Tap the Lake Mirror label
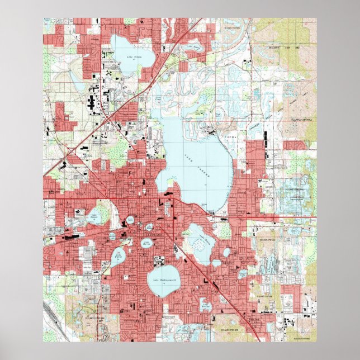click(x=150, y=228)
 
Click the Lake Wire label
click(x=130, y=221)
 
